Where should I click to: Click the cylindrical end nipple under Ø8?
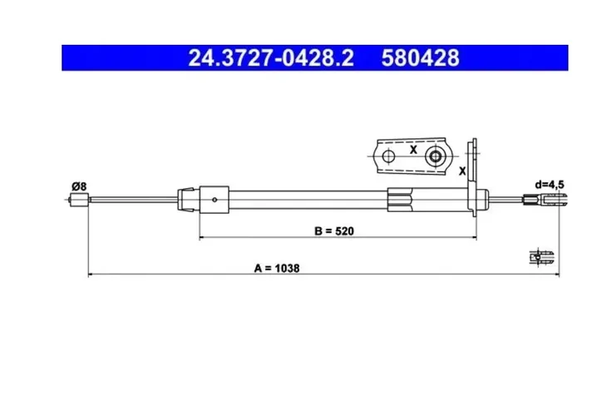coord(77,200)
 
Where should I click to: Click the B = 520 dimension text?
coord(333,231)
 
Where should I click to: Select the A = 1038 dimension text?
coord(276,268)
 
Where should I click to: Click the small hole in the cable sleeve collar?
coord(215,199)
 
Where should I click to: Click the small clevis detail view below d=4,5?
coord(541,255)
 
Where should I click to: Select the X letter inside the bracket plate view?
coord(412,151)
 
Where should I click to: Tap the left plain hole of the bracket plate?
coord(387,155)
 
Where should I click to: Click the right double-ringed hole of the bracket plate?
coord(435,156)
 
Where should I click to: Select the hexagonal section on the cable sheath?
coord(400,199)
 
